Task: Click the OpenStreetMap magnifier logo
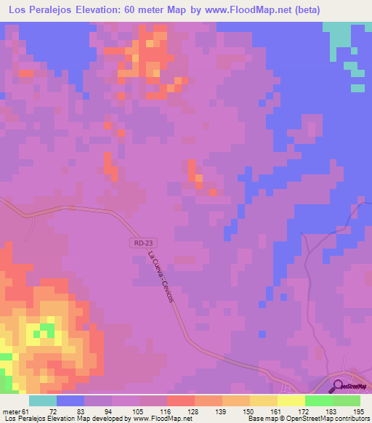(337, 386)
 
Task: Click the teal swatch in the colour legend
(42, 401)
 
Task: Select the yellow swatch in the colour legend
(291, 401)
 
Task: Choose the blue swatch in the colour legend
(70, 401)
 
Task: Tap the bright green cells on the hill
(46, 331)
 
